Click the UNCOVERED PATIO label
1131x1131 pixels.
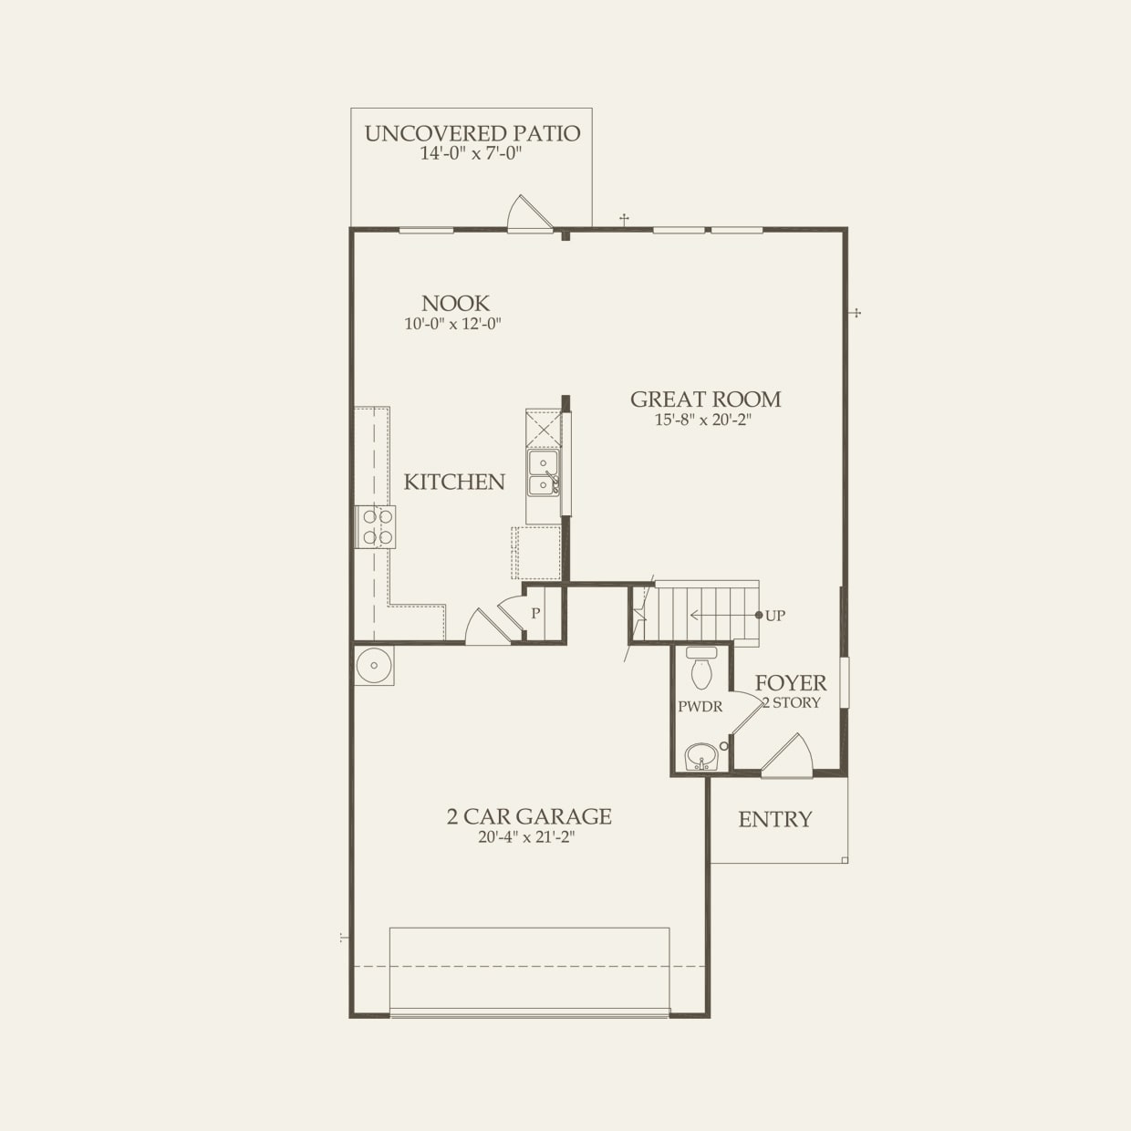pos(472,133)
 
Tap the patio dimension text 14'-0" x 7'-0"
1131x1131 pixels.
pos(472,153)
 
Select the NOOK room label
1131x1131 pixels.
pos(455,303)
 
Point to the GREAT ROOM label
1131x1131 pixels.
pos(705,399)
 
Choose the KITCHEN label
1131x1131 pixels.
pos(454,482)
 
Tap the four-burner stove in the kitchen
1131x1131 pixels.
pos(377,526)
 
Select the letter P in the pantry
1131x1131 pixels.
pos(535,614)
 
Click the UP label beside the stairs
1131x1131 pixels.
pos(774,616)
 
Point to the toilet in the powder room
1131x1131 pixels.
pos(701,669)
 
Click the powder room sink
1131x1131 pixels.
pos(700,756)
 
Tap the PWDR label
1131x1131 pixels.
pos(700,707)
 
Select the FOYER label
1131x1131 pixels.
pos(791,682)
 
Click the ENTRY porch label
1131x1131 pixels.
pos(774,819)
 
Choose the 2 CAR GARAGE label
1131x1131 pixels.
pos(529,816)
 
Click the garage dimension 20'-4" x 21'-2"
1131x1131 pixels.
pos(526,837)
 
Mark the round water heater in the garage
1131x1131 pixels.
pos(374,665)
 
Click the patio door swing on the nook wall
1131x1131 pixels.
pos(529,215)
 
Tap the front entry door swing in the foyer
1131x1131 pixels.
pos(788,757)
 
